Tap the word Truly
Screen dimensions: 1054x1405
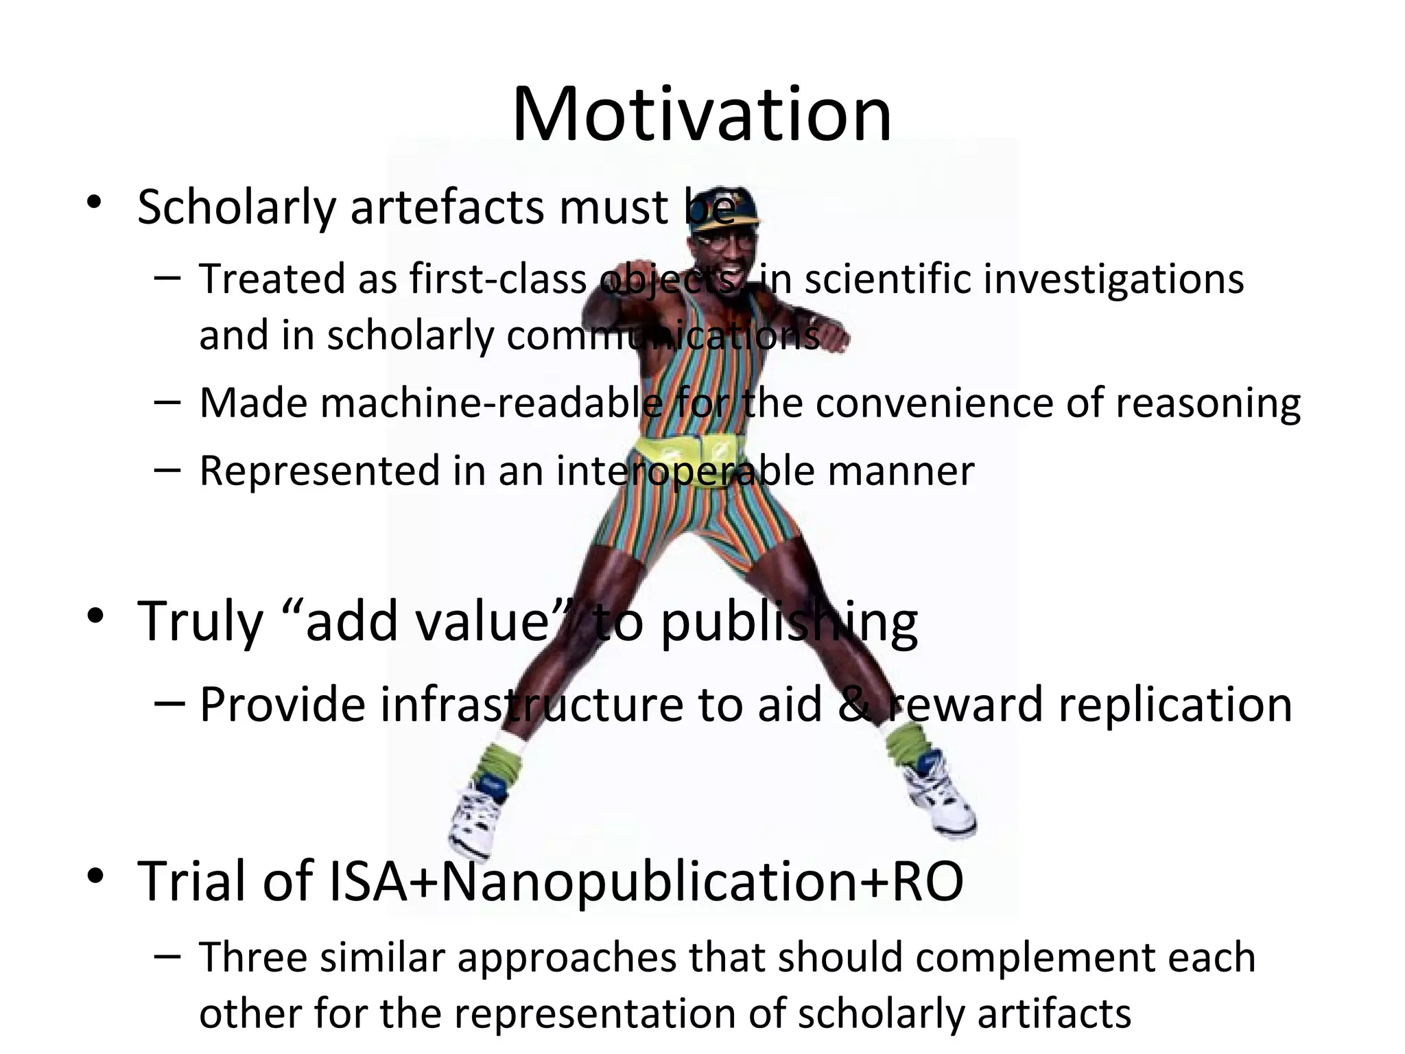[200, 621]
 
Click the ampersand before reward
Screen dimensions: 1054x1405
[854, 705]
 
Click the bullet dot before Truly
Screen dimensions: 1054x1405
[95, 616]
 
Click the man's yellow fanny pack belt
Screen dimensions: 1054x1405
[689, 452]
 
